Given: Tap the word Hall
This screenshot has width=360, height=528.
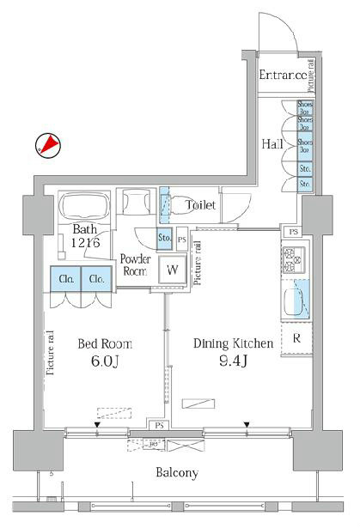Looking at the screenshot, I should (272, 144).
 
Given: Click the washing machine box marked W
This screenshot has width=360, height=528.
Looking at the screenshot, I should (173, 268).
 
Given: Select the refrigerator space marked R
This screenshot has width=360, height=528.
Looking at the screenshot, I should (296, 337).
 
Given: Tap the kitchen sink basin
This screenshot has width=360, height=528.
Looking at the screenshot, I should (296, 301).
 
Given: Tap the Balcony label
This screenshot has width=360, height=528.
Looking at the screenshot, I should (177, 473).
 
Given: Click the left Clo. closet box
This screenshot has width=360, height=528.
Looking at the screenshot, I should (66, 278).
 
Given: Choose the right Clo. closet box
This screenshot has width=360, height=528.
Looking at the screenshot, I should (97, 278).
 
